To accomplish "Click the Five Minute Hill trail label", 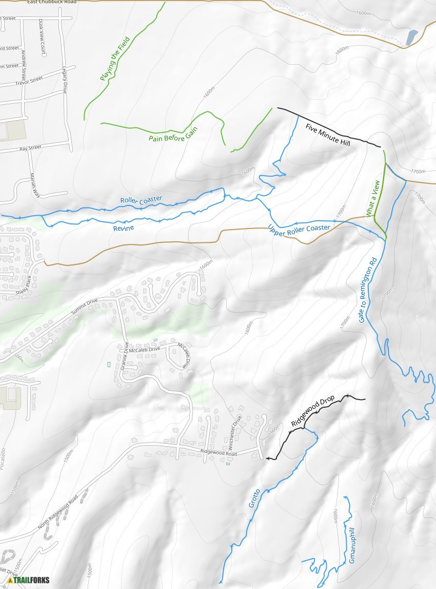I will [x=327, y=134].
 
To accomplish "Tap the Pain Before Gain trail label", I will [x=173, y=132].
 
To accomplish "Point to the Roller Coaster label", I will [x=141, y=200].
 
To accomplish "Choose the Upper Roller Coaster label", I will [x=298, y=228].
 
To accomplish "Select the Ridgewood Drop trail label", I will [x=312, y=411].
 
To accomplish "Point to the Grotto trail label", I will [x=254, y=498].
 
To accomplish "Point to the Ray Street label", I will [x=30, y=148].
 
